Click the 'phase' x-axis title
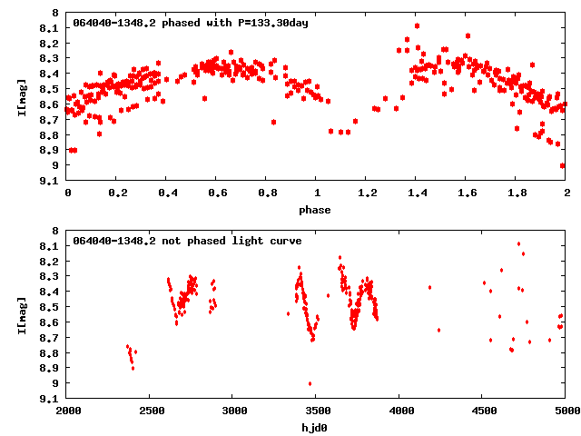[x=317, y=210]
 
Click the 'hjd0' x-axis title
[x=317, y=426]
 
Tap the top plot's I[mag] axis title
[x=22, y=96]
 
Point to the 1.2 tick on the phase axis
[x=367, y=194]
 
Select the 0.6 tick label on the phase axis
[x=217, y=194]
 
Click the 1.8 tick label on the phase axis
[x=517, y=194]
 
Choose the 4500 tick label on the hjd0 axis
[x=483, y=411]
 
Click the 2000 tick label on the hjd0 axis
[x=68, y=411]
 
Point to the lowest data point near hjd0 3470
[x=310, y=383]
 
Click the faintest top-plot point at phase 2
[x=563, y=165]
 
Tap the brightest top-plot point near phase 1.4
[x=417, y=25]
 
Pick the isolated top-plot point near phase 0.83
[x=273, y=122]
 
